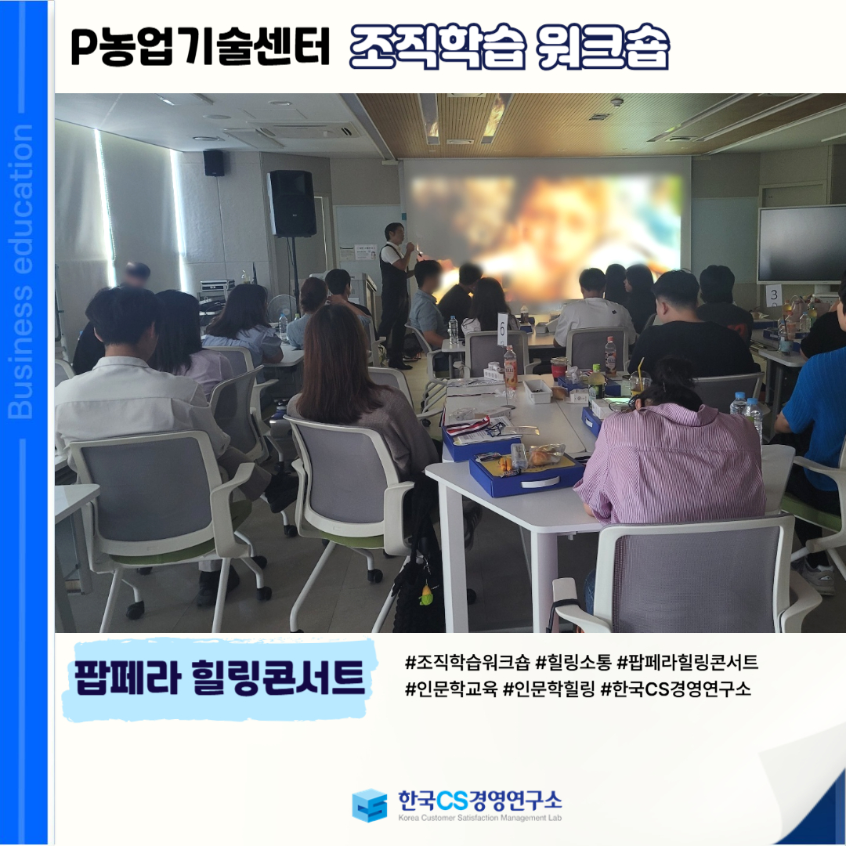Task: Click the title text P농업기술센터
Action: pyautogui.click(x=200, y=47)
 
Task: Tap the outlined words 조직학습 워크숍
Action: pyautogui.click(x=509, y=46)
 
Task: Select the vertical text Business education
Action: pyautogui.click(x=21, y=271)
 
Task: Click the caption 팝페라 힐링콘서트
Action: pyautogui.click(x=219, y=677)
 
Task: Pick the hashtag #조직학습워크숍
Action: pyautogui.click(x=467, y=661)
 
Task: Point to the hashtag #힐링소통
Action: pyautogui.click(x=573, y=661)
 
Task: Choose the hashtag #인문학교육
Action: pyautogui.click(x=451, y=689)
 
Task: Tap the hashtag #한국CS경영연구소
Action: pyautogui.click(x=675, y=689)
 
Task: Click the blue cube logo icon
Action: pyautogui.click(x=370, y=805)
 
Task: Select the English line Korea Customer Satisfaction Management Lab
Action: pyautogui.click(x=479, y=818)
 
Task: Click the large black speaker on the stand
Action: pyautogui.click(x=291, y=204)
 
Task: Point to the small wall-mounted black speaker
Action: pyautogui.click(x=214, y=163)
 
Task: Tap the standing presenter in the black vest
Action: pyautogui.click(x=396, y=294)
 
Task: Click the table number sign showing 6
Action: pyautogui.click(x=502, y=328)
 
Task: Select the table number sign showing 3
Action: pyautogui.click(x=774, y=295)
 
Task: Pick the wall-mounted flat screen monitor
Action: pyautogui.click(x=801, y=244)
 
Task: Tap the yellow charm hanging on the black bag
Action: pyautogui.click(x=426, y=595)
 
